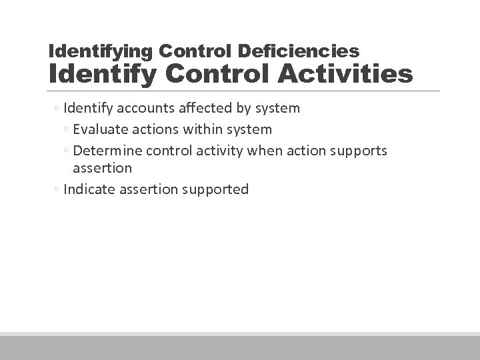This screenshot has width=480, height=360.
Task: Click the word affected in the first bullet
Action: (207, 107)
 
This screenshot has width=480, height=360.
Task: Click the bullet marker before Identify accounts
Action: (58, 108)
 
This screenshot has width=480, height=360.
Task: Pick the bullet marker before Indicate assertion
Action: (58, 190)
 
